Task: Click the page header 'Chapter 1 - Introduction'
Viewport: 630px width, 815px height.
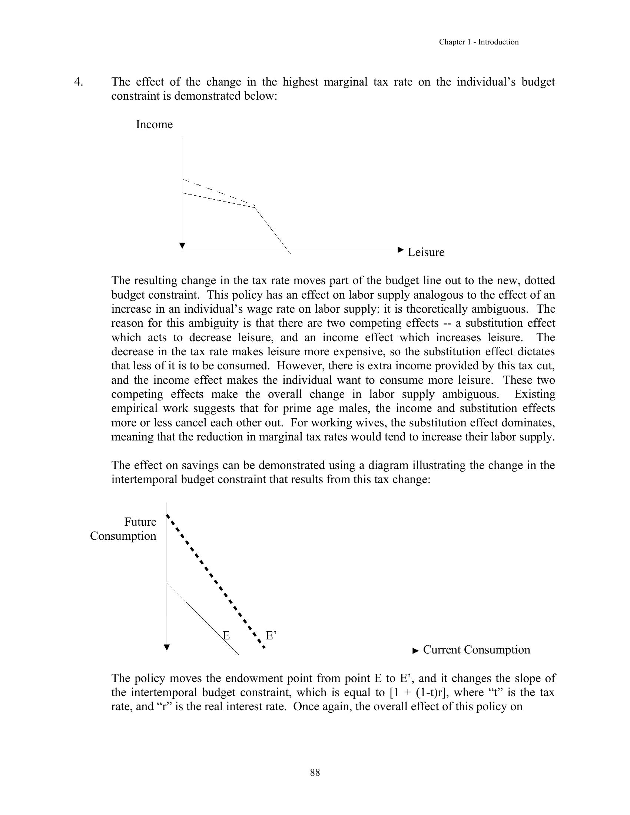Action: click(478, 42)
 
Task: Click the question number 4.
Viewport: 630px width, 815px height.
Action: click(78, 82)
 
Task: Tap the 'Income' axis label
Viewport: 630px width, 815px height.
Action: click(154, 124)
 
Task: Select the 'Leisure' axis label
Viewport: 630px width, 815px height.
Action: click(426, 252)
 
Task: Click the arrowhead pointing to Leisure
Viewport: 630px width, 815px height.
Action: click(401, 250)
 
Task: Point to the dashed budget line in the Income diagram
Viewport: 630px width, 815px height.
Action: click(218, 193)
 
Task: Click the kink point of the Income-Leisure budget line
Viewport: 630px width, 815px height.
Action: click(255, 207)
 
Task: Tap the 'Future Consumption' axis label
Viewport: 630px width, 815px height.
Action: click(123, 529)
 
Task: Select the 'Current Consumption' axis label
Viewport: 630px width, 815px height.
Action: click(476, 650)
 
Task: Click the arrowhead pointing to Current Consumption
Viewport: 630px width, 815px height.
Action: click(416, 651)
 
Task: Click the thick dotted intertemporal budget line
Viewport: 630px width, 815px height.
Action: click(215, 582)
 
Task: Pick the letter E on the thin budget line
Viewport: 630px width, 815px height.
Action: click(226, 635)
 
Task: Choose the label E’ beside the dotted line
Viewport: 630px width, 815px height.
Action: click(271, 635)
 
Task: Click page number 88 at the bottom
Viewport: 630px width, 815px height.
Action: click(315, 772)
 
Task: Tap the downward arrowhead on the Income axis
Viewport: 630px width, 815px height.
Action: click(182, 246)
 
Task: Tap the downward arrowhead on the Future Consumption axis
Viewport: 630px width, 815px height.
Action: click(167, 647)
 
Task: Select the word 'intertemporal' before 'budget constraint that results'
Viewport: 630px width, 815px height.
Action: click(145, 479)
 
